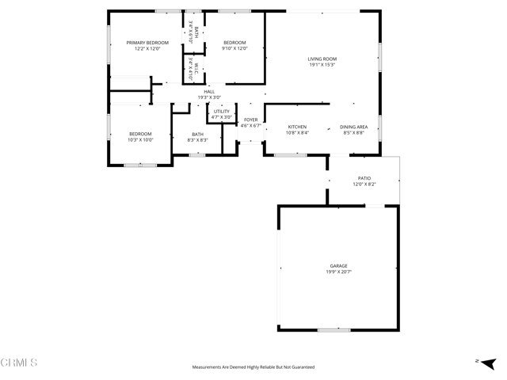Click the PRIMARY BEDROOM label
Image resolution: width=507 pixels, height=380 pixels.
pyautogui.click(x=147, y=43)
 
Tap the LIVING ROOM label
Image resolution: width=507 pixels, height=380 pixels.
pyautogui.click(x=322, y=59)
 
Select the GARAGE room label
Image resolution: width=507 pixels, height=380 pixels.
pyautogui.click(x=338, y=266)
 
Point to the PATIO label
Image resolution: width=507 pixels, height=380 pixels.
pyautogui.click(x=364, y=178)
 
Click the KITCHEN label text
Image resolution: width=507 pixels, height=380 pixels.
pyautogui.click(x=297, y=127)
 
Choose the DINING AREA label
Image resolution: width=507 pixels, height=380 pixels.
pyautogui.click(x=353, y=127)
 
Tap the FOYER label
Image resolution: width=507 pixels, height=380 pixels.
pyautogui.click(x=250, y=120)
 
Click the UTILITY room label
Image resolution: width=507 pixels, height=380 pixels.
pyautogui.click(x=222, y=112)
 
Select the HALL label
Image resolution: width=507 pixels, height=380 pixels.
pyautogui.click(x=209, y=92)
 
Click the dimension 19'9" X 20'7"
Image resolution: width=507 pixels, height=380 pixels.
pyautogui.click(x=338, y=272)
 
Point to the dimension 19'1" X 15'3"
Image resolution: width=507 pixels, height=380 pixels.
pyautogui.click(x=322, y=65)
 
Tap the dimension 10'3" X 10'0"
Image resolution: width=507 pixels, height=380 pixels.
pyautogui.click(x=140, y=140)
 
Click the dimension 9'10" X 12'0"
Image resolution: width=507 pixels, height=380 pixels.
pyautogui.click(x=235, y=49)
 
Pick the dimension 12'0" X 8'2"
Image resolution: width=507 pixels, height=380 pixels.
pyautogui.click(x=364, y=184)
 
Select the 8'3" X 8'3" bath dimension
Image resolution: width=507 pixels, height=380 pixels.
pyautogui.click(x=197, y=140)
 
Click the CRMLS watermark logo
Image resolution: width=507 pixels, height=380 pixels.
pyautogui.click(x=19, y=363)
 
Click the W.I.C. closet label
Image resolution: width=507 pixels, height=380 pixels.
pyautogui.click(x=191, y=68)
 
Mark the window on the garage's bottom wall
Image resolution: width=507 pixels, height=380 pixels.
pyautogui.click(x=334, y=330)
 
